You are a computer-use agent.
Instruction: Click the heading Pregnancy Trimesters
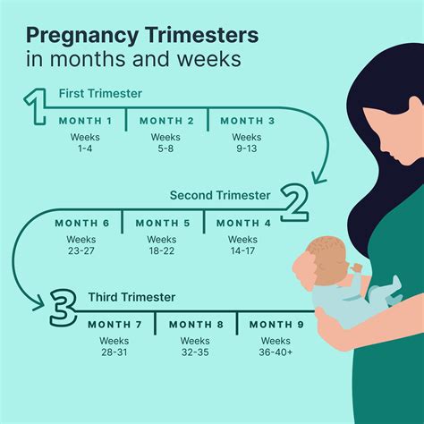tap(143, 36)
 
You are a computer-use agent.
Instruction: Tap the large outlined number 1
tap(36, 106)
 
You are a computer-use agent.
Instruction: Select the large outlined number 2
tap(294, 202)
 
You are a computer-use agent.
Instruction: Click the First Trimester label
tap(99, 94)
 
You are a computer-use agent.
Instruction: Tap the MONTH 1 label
tap(86, 121)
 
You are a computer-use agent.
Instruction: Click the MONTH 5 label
tap(162, 223)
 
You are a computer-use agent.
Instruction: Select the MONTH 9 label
tap(276, 324)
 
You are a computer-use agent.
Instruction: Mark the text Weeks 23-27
tap(81, 245)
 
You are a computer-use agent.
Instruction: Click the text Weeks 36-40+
tap(276, 347)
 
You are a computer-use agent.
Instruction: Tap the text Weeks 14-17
tap(242, 245)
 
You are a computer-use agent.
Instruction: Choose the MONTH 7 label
tap(115, 324)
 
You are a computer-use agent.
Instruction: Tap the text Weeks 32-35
tap(196, 347)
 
